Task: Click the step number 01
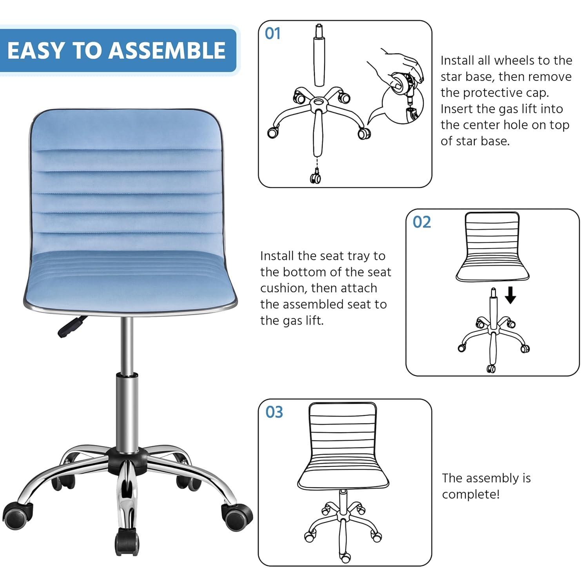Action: click(x=273, y=34)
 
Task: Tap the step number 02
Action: click(x=421, y=222)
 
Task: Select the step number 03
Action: click(x=274, y=412)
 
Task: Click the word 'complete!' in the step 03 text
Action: click(x=470, y=494)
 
